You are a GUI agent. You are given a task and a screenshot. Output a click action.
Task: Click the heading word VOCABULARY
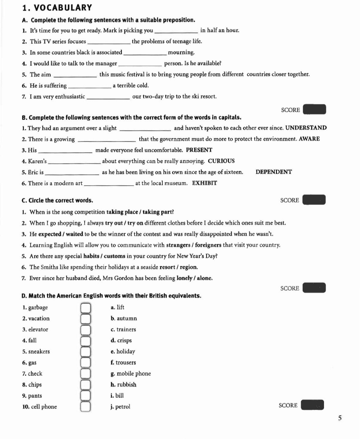coord(63,8)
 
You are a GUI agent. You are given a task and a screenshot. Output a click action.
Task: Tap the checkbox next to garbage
coord(85,307)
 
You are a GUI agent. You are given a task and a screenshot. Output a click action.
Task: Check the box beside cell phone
coord(85,407)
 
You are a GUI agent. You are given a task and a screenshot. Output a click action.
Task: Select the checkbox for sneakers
coord(85,352)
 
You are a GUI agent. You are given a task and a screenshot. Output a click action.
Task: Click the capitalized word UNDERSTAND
coord(306,128)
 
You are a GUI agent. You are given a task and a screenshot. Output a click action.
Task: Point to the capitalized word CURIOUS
coord(221,161)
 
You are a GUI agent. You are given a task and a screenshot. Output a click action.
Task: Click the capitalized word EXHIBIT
coord(204,183)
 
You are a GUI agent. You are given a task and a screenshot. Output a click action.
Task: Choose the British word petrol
coord(123,407)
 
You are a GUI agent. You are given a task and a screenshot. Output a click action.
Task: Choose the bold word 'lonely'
coord(184,278)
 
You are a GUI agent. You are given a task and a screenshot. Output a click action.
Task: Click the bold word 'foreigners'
coord(208,245)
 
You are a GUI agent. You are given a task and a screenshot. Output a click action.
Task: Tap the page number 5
coord(340,418)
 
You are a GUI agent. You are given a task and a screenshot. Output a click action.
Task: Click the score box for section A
coord(314,110)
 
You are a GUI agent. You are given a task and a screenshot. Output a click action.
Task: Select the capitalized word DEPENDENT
coord(274,172)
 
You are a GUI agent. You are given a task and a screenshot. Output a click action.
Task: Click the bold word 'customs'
coord(114,256)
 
